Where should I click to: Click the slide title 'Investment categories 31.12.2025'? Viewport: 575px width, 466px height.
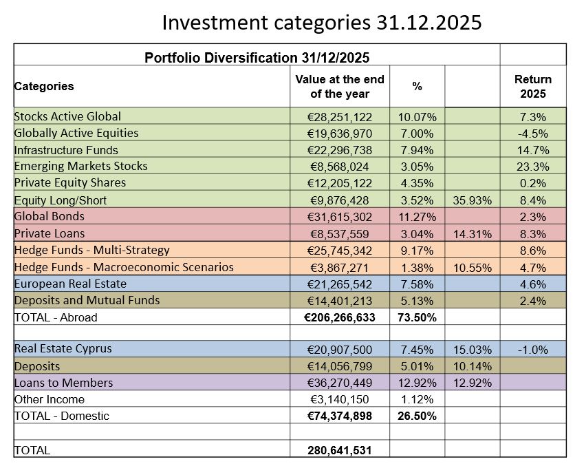(x=322, y=23)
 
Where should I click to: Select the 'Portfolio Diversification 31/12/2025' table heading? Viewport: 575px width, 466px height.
(x=257, y=58)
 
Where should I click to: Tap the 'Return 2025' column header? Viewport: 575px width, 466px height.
(x=533, y=86)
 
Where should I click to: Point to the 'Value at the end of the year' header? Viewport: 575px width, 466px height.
(x=340, y=86)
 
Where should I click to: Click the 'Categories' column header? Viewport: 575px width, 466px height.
(x=44, y=86)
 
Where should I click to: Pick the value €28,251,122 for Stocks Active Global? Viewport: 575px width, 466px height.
(x=340, y=117)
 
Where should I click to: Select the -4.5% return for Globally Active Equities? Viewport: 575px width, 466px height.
(x=533, y=134)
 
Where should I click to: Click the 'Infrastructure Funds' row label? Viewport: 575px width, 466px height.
(x=66, y=150)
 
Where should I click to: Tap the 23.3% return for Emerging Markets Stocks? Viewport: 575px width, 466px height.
(x=533, y=167)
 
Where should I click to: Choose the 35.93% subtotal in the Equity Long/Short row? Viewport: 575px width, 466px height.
(x=473, y=200)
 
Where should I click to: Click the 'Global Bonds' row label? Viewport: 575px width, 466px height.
(x=49, y=216)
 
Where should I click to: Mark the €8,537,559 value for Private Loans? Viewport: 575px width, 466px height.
(x=340, y=234)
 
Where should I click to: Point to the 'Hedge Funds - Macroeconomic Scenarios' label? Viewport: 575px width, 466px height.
(x=124, y=267)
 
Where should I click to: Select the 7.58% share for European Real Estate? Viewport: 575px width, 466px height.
(x=417, y=284)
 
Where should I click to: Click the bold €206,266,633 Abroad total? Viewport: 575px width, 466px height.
(x=340, y=317)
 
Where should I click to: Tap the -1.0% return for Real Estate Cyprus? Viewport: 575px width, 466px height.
(x=533, y=350)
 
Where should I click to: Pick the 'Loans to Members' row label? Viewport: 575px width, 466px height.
(x=63, y=383)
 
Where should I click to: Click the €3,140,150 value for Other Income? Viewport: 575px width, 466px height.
(x=340, y=399)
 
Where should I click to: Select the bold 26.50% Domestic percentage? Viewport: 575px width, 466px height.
(x=417, y=416)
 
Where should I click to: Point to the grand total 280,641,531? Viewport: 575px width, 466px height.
(x=340, y=450)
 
